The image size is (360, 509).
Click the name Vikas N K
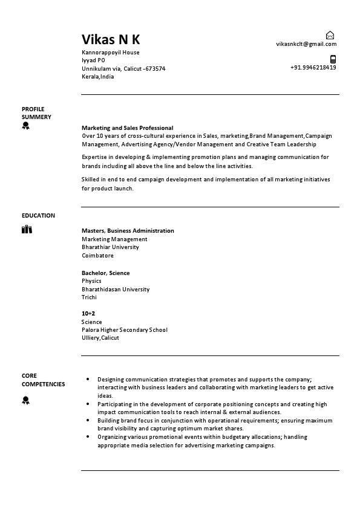tap(111, 40)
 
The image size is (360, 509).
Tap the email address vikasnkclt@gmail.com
tap(306, 44)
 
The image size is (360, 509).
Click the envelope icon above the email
tap(330, 35)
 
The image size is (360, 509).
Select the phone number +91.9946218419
tap(313, 67)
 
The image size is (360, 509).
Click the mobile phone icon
tap(333, 59)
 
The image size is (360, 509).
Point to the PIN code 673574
tap(155, 69)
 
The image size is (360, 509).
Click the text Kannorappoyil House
tap(110, 53)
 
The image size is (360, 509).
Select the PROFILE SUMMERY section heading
tap(36, 113)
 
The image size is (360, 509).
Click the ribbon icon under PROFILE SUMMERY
tap(25, 126)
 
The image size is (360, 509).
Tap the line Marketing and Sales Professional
tap(127, 128)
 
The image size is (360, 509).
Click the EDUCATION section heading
tap(38, 216)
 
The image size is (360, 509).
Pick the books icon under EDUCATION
tap(27, 229)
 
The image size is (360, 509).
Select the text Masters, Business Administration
tap(128, 231)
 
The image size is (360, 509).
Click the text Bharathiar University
tap(110, 247)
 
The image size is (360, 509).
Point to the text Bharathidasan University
tap(116, 290)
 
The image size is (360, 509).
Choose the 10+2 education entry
tap(88, 314)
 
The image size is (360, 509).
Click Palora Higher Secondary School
tap(125, 330)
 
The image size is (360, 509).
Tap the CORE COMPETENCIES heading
tap(43, 380)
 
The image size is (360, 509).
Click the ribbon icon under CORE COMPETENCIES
tap(25, 400)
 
